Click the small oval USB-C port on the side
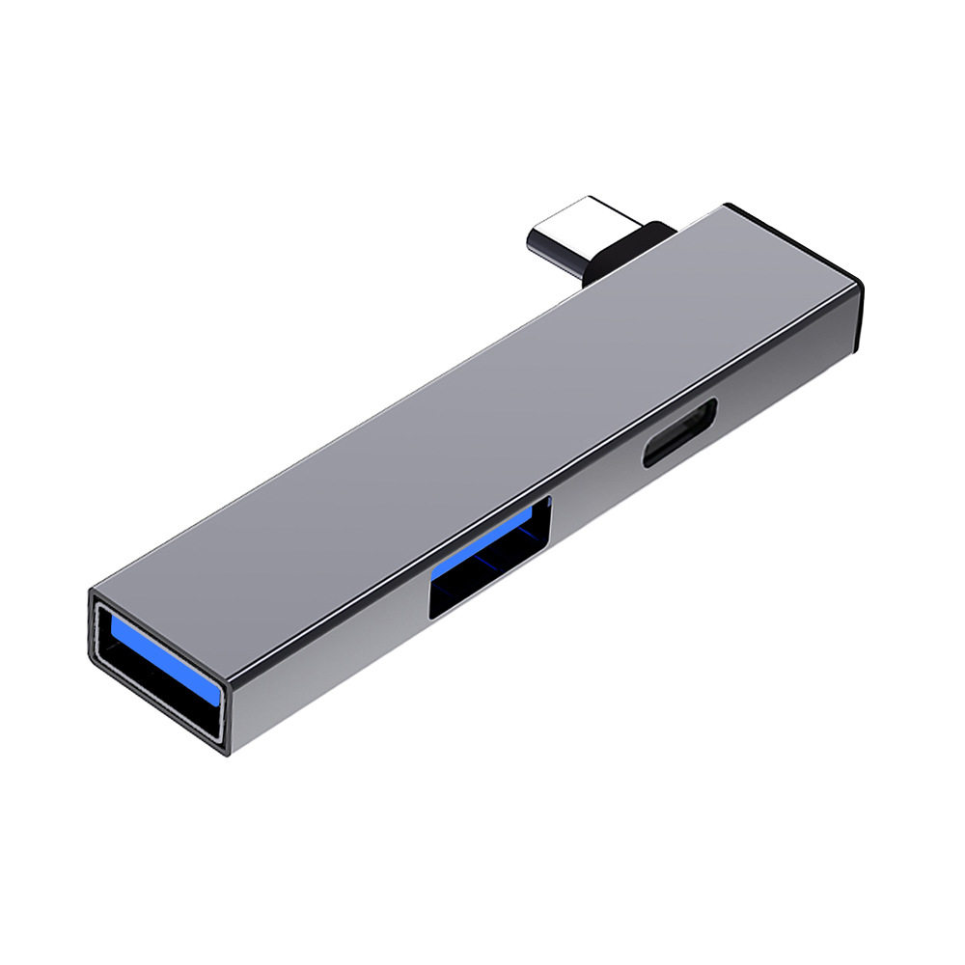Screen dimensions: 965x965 (679, 433)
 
